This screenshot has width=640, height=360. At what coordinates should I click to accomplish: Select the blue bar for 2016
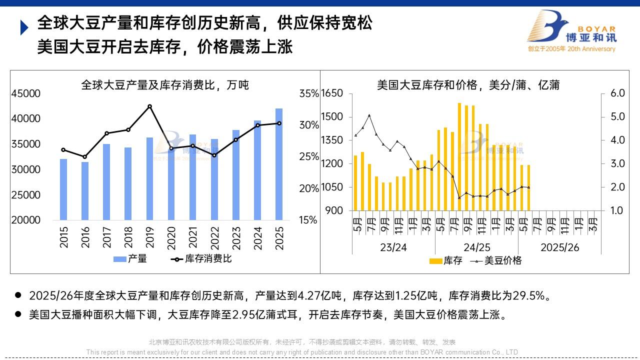[85, 190]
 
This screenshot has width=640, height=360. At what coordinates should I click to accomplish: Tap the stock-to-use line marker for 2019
[149, 106]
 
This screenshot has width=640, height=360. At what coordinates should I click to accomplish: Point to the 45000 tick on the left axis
[26, 93]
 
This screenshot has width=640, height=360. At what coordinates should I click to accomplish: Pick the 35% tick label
[308, 93]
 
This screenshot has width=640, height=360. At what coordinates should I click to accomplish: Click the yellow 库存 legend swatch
[436, 261]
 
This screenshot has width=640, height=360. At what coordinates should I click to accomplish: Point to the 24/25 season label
[476, 247]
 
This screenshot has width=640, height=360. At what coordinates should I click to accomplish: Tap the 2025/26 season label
[559, 247]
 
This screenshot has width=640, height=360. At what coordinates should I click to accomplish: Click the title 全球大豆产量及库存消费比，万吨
[165, 85]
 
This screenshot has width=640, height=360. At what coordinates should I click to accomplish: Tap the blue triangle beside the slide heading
[23, 27]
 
